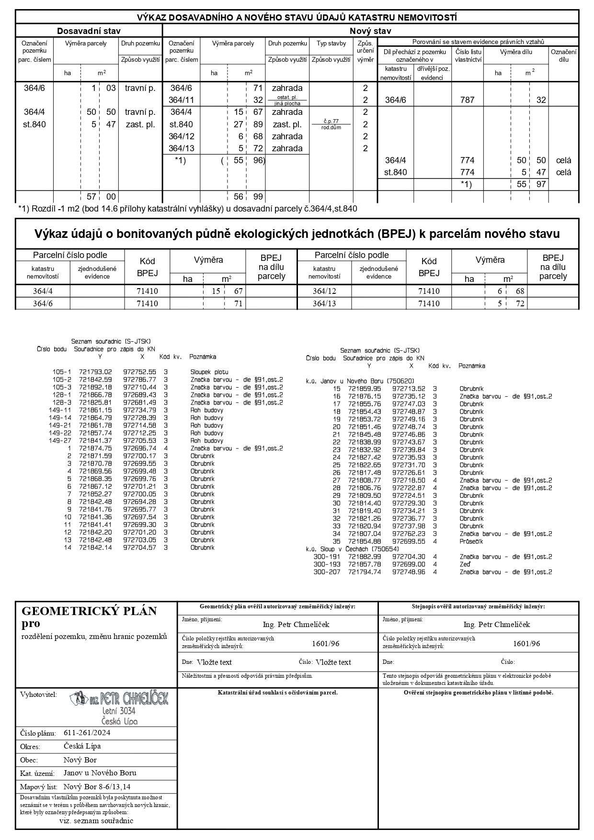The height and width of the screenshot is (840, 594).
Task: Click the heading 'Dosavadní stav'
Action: pos(89,31)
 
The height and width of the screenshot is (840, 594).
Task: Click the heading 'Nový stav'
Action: pos(370,31)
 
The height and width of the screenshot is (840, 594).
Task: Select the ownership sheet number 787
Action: pos(467,100)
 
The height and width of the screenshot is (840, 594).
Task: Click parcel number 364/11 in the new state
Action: pos(182,100)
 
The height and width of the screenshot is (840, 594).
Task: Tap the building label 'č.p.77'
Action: pos(331,122)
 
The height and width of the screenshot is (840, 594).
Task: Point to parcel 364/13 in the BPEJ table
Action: pos(324,303)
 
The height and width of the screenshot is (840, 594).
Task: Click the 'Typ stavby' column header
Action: pos(331,44)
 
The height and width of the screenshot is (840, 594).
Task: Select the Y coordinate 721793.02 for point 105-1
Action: pos(95,372)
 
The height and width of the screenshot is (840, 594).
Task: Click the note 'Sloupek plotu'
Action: pos(209,372)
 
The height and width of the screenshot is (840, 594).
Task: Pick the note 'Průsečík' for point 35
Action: pos(471,541)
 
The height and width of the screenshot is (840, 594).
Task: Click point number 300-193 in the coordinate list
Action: pos(327,564)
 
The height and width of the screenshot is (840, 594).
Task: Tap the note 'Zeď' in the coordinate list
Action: pos(465,564)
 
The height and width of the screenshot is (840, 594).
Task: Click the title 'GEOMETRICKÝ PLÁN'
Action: pos(89,611)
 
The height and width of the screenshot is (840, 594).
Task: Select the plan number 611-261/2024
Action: pos(87,733)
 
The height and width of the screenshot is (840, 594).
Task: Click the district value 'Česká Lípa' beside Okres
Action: pos(82,746)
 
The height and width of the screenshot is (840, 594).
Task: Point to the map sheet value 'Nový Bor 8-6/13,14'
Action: pos(97,786)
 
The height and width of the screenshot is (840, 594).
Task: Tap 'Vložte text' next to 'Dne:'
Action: pos(214,662)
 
